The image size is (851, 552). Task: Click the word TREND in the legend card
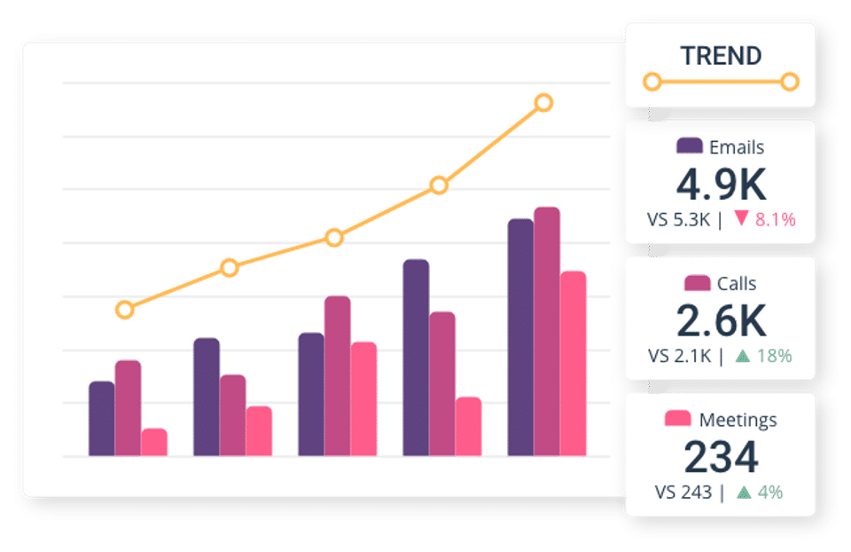pyautogui.click(x=721, y=56)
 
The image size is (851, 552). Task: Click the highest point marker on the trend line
pyautogui.click(x=544, y=103)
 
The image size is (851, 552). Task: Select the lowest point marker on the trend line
pyautogui.click(x=125, y=310)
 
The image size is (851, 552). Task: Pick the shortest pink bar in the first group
pyautogui.click(x=154, y=442)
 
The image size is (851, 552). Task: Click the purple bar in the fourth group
pyautogui.click(x=416, y=358)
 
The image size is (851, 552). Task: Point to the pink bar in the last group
pyautogui.click(x=573, y=363)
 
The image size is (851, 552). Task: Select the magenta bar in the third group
pyautogui.click(x=338, y=375)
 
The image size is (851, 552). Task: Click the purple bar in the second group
pyautogui.click(x=207, y=397)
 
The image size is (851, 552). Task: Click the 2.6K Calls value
pyautogui.click(x=721, y=320)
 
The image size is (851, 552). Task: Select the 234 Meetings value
pyautogui.click(x=721, y=456)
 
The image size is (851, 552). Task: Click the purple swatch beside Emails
pyautogui.click(x=690, y=146)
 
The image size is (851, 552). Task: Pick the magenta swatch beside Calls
pyautogui.click(x=698, y=283)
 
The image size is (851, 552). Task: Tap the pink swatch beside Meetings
pyautogui.click(x=677, y=419)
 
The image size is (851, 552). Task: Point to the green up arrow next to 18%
pyautogui.click(x=743, y=356)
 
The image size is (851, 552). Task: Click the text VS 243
pyautogui.click(x=683, y=493)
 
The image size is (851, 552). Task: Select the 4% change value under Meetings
pyautogui.click(x=769, y=493)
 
